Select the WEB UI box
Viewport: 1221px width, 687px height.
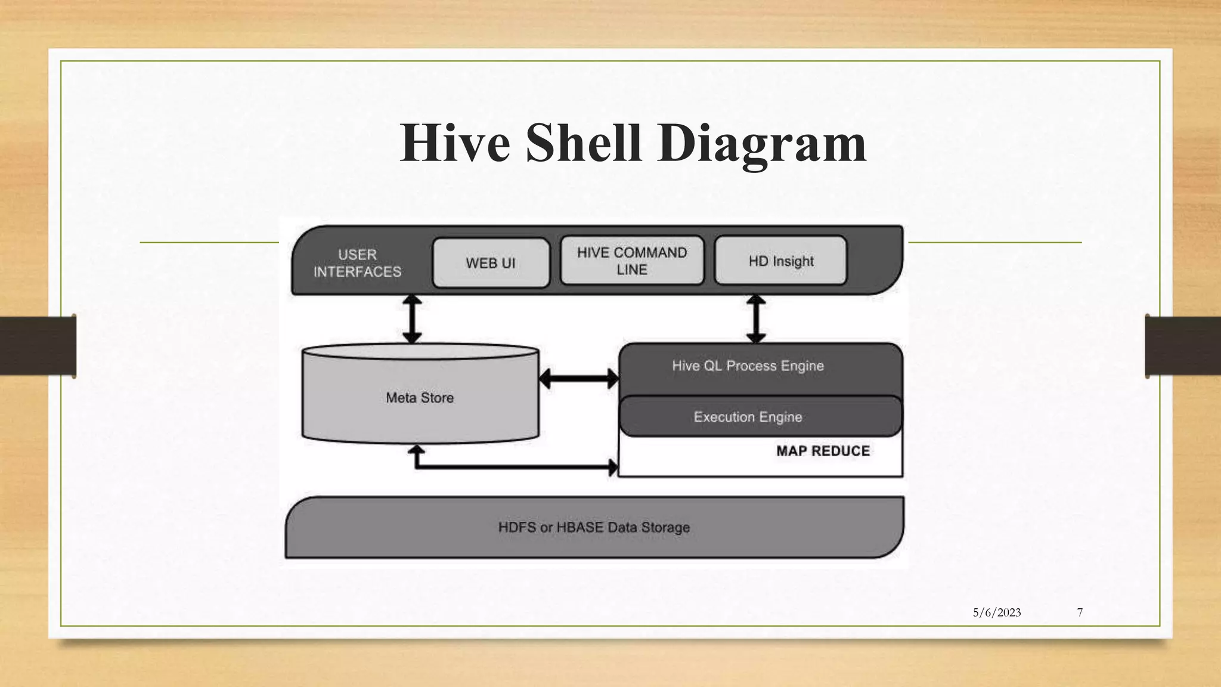[x=491, y=263]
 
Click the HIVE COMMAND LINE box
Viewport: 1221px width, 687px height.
[x=632, y=261]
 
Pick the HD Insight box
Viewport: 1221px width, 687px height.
[x=780, y=261]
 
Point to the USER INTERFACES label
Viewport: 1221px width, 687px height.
[x=357, y=263]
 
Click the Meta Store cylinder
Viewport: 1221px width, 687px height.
[x=420, y=397]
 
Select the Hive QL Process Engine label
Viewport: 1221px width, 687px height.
[x=748, y=366]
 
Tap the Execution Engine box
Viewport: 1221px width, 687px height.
[x=748, y=417]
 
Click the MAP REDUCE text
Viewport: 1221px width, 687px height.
[x=823, y=451]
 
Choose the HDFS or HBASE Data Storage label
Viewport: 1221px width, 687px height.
[x=594, y=527]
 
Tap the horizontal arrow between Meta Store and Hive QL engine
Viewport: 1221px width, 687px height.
[x=578, y=379]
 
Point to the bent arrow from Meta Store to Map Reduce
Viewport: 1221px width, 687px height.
[x=513, y=466]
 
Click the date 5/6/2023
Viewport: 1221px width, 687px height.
[x=997, y=612]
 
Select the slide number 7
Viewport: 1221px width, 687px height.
[x=1080, y=612]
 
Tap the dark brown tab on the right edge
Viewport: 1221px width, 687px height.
[x=1183, y=346]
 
